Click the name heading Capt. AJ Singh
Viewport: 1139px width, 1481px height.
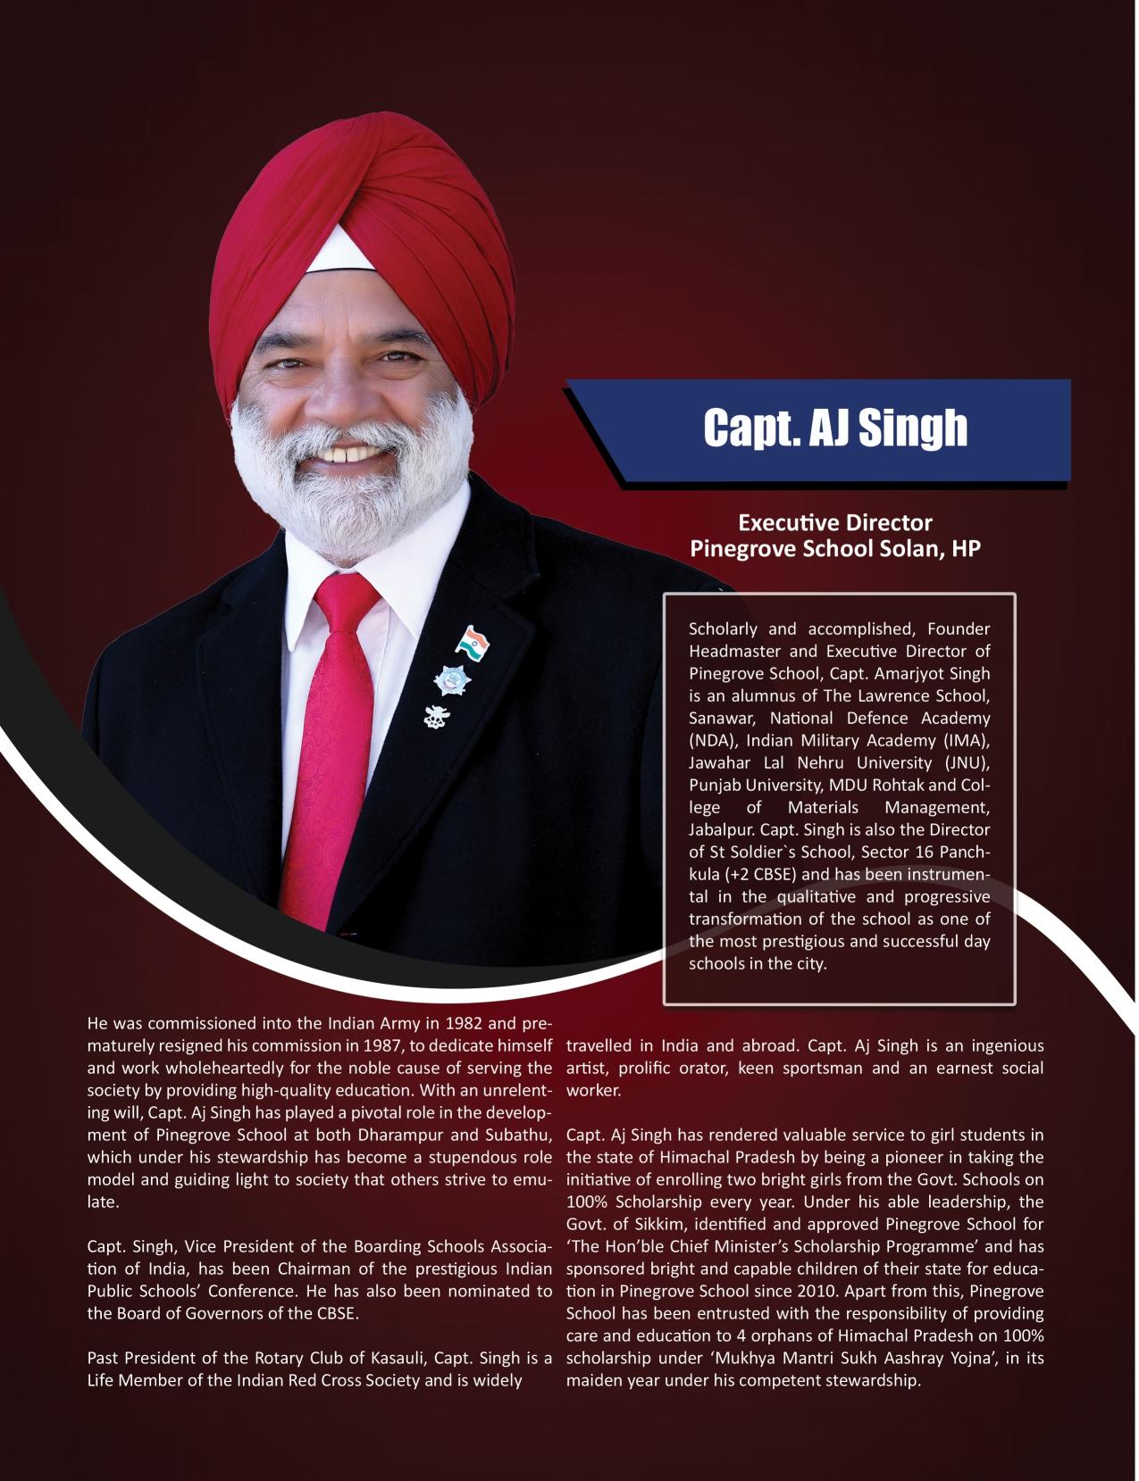click(x=834, y=428)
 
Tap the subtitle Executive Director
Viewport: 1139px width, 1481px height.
click(x=834, y=522)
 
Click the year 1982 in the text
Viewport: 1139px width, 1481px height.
click(x=462, y=1022)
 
